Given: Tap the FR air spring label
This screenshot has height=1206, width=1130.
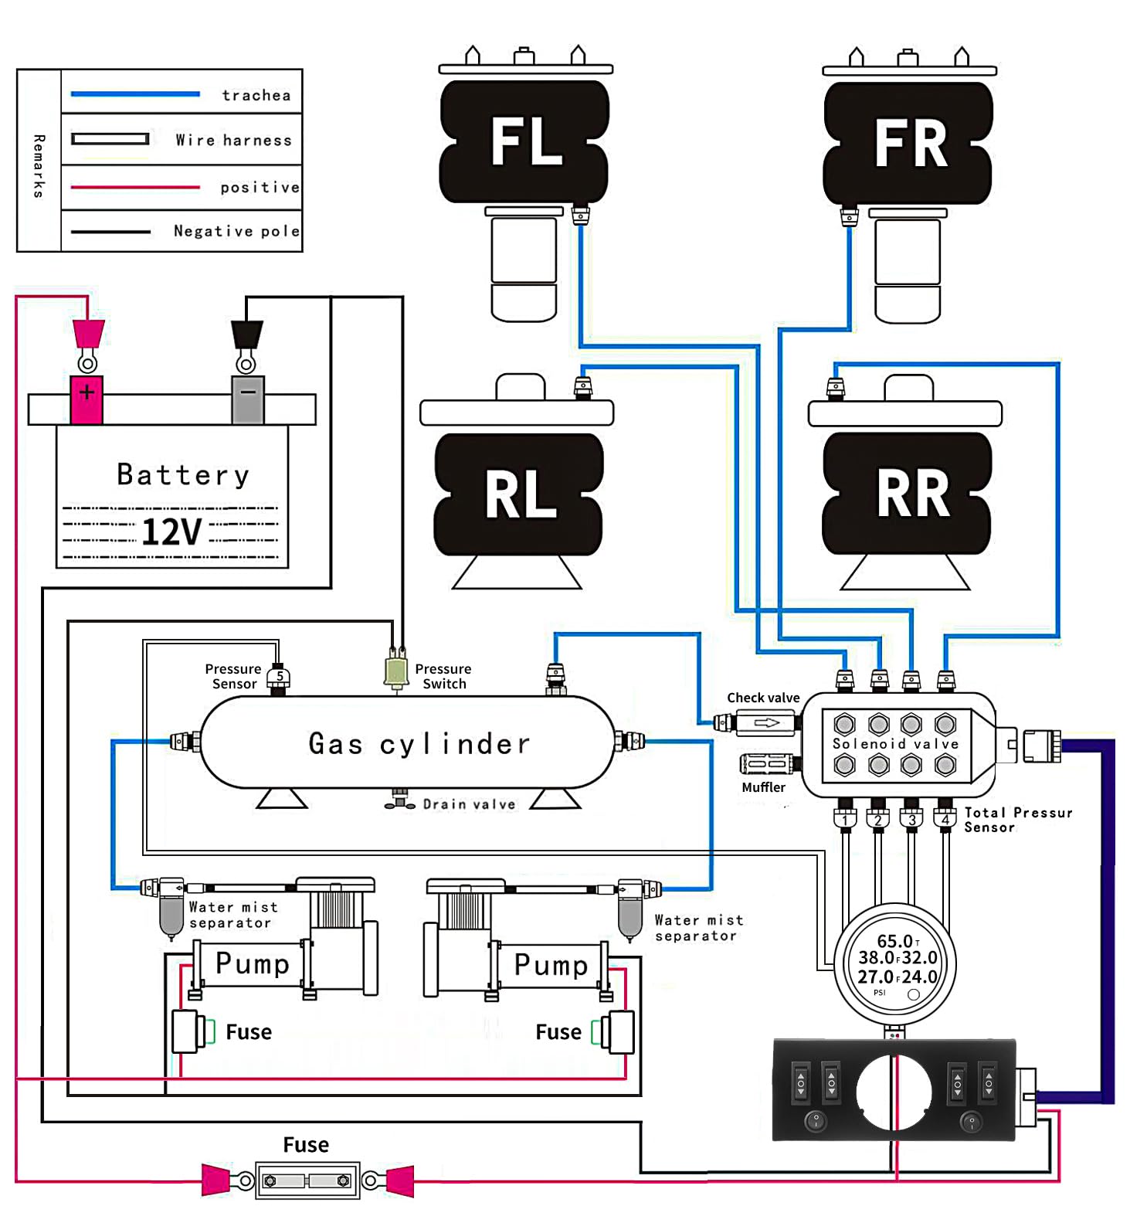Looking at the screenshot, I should point(911,144).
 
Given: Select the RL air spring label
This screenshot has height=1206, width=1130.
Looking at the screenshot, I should point(521,494).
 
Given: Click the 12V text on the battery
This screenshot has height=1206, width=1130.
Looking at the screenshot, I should point(171,532).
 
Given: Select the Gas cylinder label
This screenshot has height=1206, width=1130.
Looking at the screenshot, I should point(419,744).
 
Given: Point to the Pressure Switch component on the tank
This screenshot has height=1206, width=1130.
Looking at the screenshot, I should point(396,671).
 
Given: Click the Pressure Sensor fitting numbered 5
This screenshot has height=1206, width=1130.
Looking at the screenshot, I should point(279,678).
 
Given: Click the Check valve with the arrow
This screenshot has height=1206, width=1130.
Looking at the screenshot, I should point(765,723).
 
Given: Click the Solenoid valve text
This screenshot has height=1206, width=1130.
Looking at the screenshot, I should point(895,744).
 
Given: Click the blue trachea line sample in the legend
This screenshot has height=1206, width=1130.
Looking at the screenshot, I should point(135,94).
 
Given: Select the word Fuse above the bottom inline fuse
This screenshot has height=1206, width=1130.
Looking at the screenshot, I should point(306,1145).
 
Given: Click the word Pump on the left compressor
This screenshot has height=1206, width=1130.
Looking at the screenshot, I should point(252,963).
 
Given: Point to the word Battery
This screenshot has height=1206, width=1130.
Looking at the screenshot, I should point(183,474).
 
